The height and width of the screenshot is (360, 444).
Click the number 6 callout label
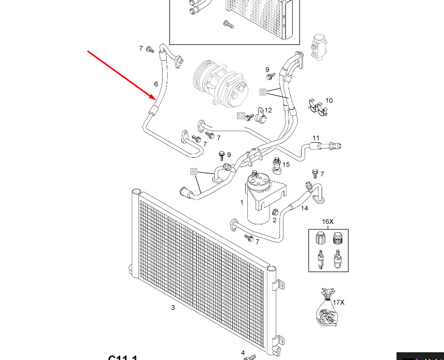[x=156, y=84]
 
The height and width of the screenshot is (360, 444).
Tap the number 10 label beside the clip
[x=329, y=101]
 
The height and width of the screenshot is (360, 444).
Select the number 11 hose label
[x=316, y=138]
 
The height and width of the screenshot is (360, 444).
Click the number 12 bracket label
[x=268, y=110]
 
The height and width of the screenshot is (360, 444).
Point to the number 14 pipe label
[x=304, y=208]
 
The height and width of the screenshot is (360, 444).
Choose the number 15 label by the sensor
[x=286, y=165]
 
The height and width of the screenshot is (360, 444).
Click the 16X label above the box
[x=328, y=222]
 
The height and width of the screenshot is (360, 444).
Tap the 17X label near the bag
[x=338, y=302]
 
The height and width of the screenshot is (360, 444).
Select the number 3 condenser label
[x=173, y=308]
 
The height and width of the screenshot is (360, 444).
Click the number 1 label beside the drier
[x=242, y=203]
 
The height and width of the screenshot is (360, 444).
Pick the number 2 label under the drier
[x=275, y=220]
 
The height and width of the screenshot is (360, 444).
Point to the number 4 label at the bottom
[x=243, y=353]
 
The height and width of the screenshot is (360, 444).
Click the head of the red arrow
[x=154, y=97]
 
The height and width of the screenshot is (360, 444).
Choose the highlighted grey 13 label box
[x=241, y=116]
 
